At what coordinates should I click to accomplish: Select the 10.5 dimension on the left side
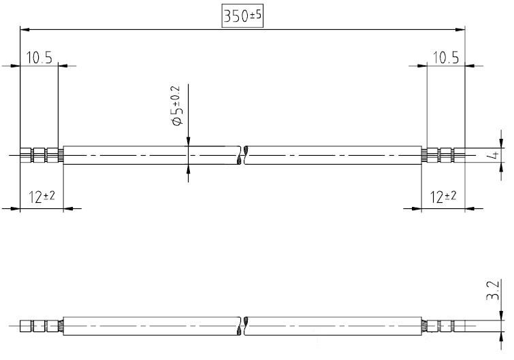pos(39,58)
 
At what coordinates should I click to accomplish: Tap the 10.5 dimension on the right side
pos(446,58)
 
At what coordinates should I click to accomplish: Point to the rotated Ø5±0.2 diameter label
pos(177,106)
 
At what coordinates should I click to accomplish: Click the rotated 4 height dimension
pos(497,155)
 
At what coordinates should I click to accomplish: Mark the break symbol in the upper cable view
pos(242,155)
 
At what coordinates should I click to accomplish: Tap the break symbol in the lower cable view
pos(242,326)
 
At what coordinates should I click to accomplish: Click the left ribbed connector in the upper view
pos(42,155)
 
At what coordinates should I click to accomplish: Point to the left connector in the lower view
pos(42,326)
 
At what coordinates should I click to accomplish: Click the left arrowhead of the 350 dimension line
pos(25,29)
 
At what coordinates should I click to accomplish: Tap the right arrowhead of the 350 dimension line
pos(460,29)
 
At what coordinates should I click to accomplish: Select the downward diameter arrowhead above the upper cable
pos(188,141)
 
